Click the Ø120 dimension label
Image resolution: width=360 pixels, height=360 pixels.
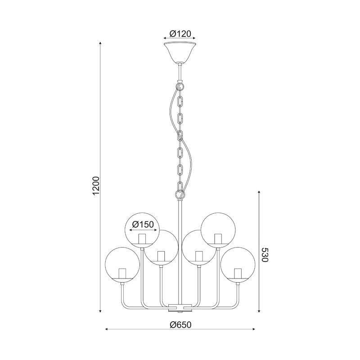pyautogui.click(x=180, y=34)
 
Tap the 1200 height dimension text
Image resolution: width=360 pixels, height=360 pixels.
pyautogui.click(x=96, y=186)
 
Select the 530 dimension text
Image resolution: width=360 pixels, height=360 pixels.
pyautogui.click(x=265, y=255)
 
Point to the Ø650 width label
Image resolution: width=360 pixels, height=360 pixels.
pyautogui.click(x=180, y=324)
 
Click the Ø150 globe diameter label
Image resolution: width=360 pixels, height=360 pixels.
pyautogui.click(x=143, y=224)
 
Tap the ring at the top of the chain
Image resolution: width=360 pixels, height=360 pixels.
pyautogui.click(x=180, y=86)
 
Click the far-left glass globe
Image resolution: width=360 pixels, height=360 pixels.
pyautogui.click(x=122, y=264)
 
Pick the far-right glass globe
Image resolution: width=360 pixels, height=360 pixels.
pyautogui.click(x=238, y=264)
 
